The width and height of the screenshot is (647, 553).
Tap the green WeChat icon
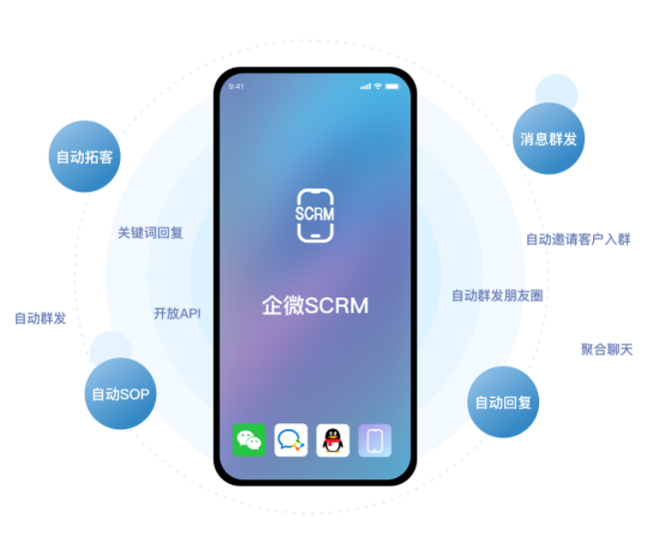click(x=249, y=440)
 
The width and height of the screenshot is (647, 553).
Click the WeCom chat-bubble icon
click(x=292, y=440)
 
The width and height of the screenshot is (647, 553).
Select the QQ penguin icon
click(x=333, y=440)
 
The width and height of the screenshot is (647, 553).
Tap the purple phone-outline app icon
click(x=375, y=440)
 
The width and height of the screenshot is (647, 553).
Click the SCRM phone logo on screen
click(x=316, y=214)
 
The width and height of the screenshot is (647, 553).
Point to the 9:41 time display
click(x=237, y=86)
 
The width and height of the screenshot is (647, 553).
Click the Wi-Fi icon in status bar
click(x=378, y=86)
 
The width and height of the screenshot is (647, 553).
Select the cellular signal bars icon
click(x=364, y=86)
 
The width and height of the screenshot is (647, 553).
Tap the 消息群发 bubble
click(x=548, y=139)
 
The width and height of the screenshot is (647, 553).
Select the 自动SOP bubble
click(x=120, y=394)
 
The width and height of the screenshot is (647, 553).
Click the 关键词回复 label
click(x=151, y=233)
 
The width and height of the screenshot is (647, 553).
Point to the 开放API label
click(x=177, y=313)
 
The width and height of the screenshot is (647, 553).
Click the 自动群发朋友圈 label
click(x=497, y=295)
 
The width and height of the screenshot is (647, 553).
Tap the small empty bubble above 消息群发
click(x=556, y=93)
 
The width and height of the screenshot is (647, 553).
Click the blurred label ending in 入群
click(x=578, y=240)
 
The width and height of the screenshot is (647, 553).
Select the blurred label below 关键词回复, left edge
click(x=41, y=318)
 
